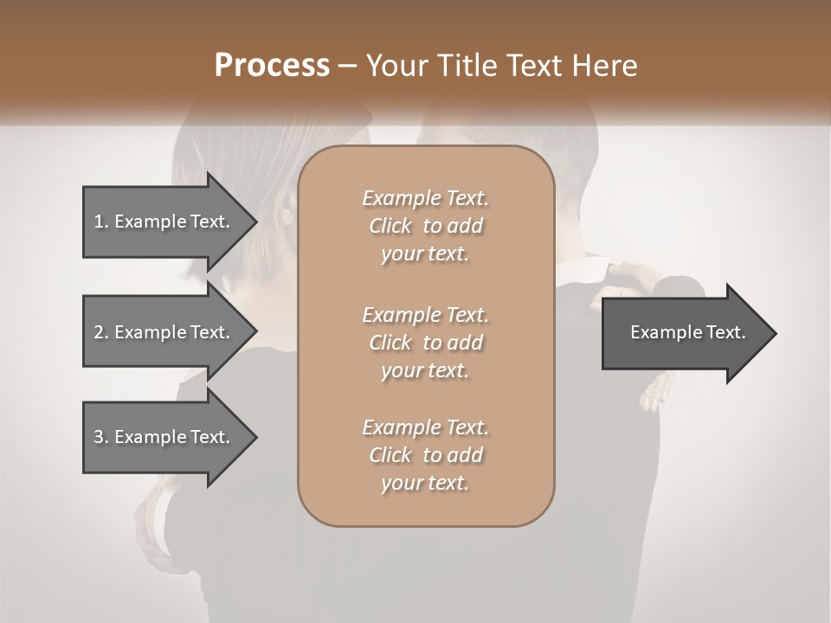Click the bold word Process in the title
tap(272, 65)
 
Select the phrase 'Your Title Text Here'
tap(502, 65)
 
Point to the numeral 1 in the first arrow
tap(99, 222)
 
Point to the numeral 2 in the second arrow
tap(99, 332)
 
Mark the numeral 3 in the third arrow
tap(99, 437)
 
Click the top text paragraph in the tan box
tap(425, 226)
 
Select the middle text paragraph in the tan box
tap(425, 343)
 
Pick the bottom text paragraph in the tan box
tap(425, 455)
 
